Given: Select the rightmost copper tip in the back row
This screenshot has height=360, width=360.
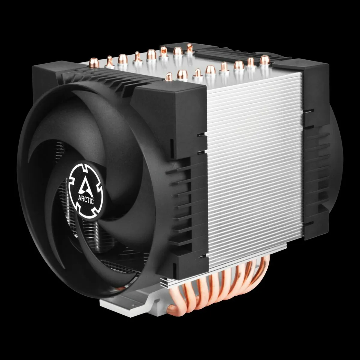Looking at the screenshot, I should click(x=190, y=48).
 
